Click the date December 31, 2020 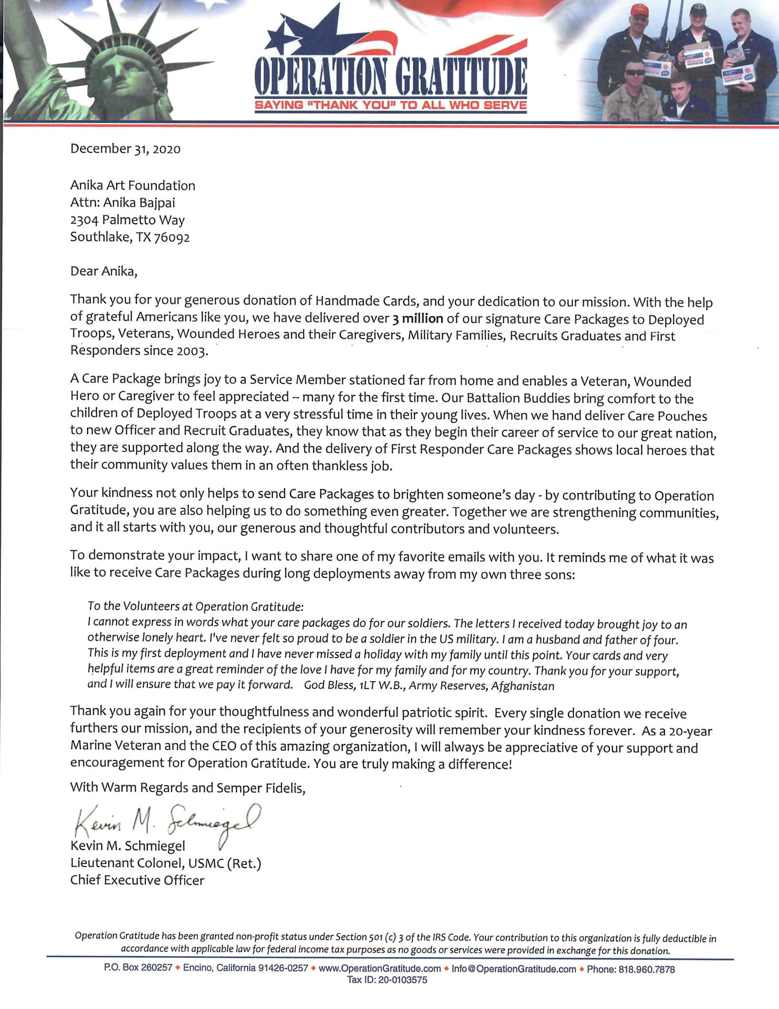(125, 149)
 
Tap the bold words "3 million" (418, 319)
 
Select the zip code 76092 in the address (172, 237)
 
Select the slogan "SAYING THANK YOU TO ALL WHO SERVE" (390, 105)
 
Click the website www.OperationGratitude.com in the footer (380, 969)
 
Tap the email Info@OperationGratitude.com (514, 969)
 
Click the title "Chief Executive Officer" (137, 880)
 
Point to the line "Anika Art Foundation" (132, 186)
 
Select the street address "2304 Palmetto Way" (127, 220)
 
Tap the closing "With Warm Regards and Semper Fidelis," (188, 788)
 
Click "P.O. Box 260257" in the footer (138, 968)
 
